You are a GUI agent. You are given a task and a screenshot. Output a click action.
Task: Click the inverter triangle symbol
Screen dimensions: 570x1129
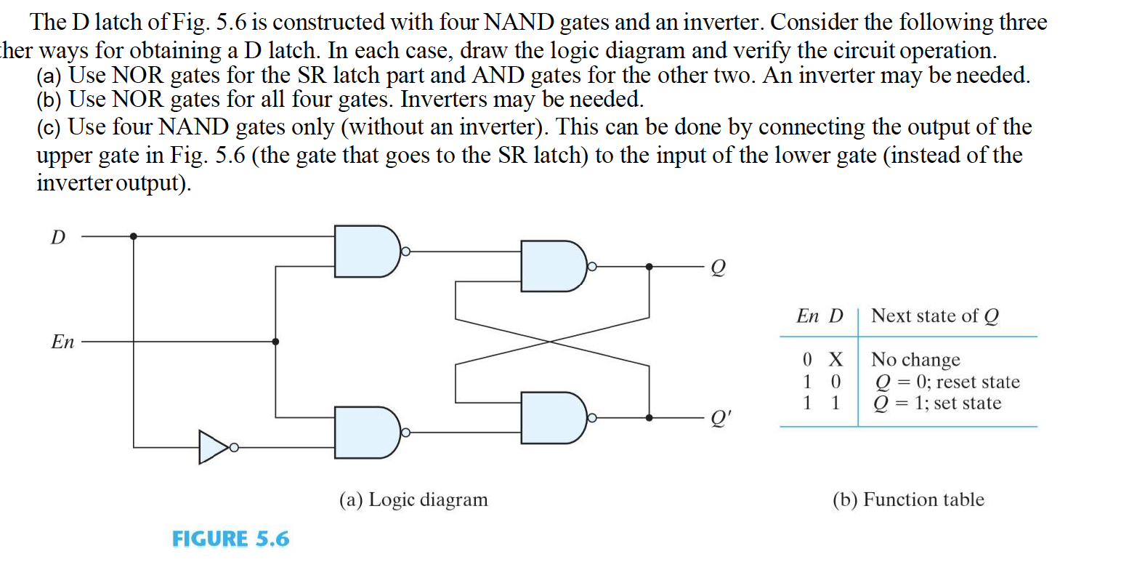coord(214,447)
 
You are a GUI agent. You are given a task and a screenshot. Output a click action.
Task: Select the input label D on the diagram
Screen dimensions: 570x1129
coord(57,237)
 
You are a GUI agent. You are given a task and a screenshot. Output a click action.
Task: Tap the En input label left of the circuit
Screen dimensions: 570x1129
coord(62,342)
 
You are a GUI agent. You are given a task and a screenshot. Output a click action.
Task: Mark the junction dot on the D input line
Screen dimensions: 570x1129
coord(133,236)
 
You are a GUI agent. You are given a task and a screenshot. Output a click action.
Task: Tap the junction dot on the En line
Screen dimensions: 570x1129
coord(275,341)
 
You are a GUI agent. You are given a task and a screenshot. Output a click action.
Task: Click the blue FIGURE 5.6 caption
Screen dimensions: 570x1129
coord(230,539)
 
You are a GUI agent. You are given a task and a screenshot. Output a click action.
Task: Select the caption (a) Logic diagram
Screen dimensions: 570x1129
coord(413,499)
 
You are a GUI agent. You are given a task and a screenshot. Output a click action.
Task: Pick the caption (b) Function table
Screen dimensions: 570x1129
coord(908,499)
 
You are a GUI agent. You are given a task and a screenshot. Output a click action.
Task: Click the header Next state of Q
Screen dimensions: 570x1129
coord(934,316)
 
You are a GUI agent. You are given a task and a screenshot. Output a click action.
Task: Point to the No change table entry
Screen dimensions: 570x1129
coord(915,359)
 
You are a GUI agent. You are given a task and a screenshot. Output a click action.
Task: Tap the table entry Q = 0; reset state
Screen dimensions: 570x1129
coord(945,382)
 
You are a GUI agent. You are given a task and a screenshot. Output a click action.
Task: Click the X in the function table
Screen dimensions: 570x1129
coord(835,359)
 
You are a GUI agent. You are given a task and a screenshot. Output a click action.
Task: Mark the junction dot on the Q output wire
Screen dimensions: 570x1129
coord(649,267)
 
